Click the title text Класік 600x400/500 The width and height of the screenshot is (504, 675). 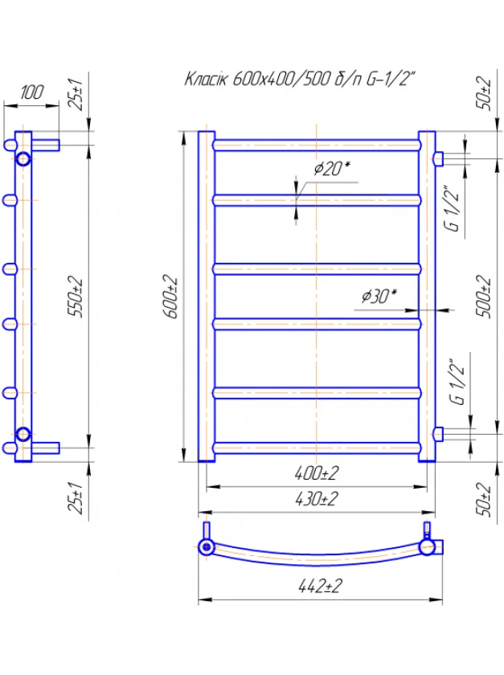[259, 80]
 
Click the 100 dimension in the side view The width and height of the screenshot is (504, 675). [32, 92]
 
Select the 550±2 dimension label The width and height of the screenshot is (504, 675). [77, 298]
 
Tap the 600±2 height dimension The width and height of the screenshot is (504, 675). [171, 297]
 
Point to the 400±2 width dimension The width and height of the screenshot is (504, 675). [317, 473]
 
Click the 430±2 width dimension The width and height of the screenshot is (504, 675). [317, 499]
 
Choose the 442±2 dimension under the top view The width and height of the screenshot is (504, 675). [320, 587]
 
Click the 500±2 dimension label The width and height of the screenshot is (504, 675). [484, 297]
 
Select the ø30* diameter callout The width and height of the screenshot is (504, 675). [379, 296]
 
